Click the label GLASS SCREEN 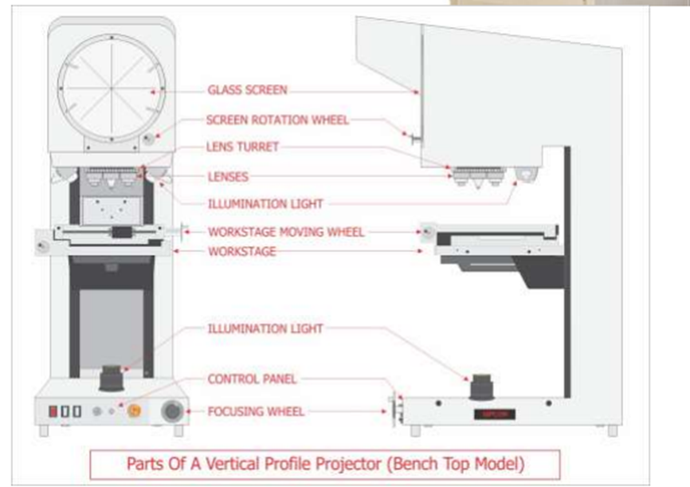(247, 90)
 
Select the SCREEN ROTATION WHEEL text (277, 120)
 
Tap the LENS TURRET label (242, 147)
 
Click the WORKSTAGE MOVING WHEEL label (286, 232)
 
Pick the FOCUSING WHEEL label (256, 412)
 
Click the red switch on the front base (53, 411)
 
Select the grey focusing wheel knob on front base (171, 411)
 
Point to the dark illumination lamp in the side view (482, 387)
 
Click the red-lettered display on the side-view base (495, 414)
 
